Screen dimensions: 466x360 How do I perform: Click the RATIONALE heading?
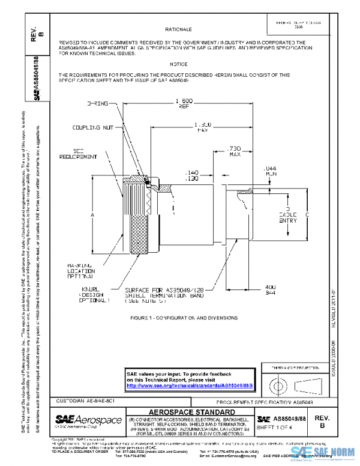(179, 29)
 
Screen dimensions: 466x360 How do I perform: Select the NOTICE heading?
(179, 64)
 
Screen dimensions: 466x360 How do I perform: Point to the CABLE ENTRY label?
(287, 216)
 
